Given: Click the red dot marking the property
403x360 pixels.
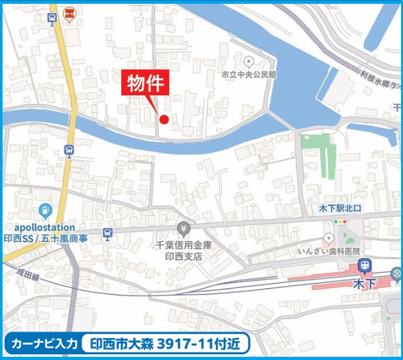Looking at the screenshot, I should [x=164, y=119].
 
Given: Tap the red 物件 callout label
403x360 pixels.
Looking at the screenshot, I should [x=147, y=84].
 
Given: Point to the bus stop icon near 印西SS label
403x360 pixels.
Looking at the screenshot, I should [x=108, y=234].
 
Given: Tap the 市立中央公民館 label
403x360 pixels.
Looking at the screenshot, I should [x=249, y=75].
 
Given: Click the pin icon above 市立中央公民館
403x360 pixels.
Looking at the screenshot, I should [x=248, y=62].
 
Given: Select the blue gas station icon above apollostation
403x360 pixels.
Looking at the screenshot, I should [x=44, y=210].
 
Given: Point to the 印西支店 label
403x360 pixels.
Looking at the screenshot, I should [x=183, y=256].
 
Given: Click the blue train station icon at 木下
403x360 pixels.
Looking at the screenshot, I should [x=365, y=266].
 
